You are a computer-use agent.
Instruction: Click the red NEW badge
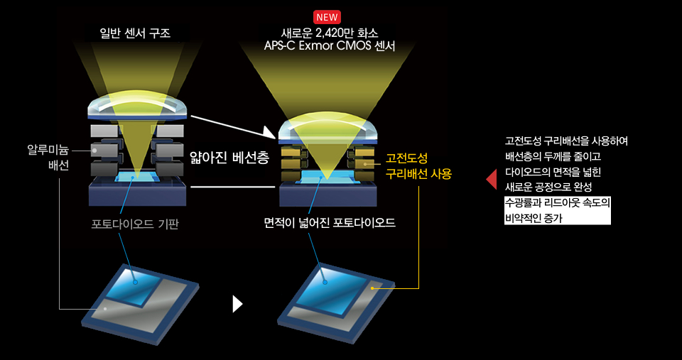tap(327, 17)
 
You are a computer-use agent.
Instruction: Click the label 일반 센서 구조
tap(137, 33)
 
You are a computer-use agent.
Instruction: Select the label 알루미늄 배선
tap(48, 158)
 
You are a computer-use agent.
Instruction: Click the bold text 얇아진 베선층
tap(229, 158)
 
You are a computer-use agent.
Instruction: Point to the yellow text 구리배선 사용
tap(419, 175)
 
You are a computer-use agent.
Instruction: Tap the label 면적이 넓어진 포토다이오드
tap(330, 224)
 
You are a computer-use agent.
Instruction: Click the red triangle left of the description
tap(491, 179)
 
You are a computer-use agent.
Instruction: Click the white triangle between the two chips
tap(237, 304)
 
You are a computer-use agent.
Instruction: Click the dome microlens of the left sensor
tap(137, 105)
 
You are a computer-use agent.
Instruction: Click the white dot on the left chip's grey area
tap(105, 309)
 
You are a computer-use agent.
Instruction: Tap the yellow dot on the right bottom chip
tap(372, 288)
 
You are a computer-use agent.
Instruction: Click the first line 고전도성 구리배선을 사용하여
tap(566, 141)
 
